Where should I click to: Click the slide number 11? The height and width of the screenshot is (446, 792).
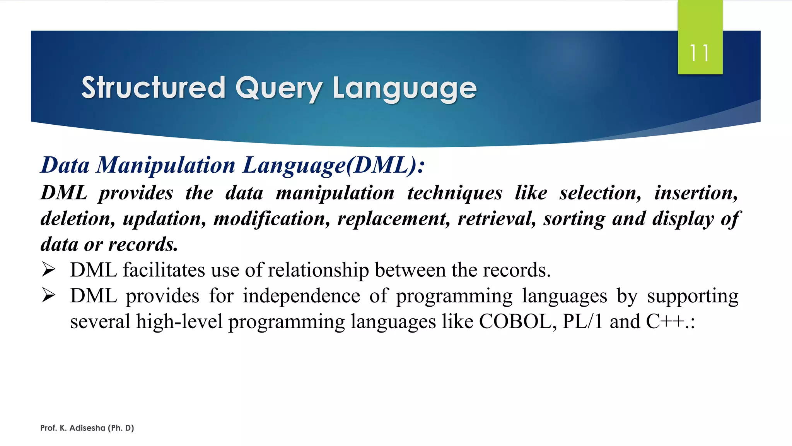coord(700,53)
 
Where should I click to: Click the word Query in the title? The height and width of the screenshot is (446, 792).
coord(278,88)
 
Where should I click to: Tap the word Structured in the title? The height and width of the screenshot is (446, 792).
coord(153,87)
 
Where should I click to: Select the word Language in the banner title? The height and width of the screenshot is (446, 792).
coord(405,88)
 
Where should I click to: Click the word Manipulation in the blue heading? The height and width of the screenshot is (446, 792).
coord(166,165)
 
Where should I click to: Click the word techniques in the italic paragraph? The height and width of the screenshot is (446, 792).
coord(454,193)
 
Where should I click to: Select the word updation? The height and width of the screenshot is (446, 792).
coord(164,219)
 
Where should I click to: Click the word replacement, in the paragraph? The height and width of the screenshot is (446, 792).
coord(394,219)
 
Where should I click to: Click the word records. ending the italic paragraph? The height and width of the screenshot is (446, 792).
coord(143,245)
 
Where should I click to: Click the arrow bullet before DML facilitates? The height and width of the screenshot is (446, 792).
coord(49,269)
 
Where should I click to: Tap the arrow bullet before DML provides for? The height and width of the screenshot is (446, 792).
coord(49,295)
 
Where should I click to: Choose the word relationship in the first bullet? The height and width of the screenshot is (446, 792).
coord(318,270)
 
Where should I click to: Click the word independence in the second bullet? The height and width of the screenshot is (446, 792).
coord(301,296)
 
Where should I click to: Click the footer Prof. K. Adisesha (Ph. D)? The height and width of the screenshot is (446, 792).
coord(87,428)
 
